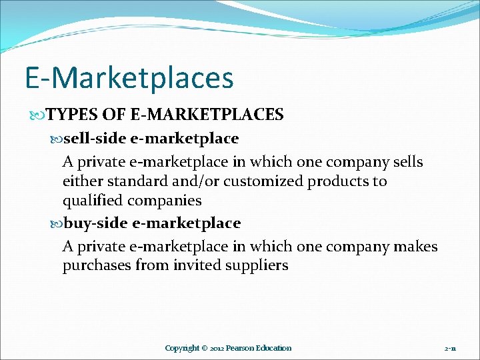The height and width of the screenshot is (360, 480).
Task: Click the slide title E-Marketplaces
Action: point(129,78)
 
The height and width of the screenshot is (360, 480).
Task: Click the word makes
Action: point(415,247)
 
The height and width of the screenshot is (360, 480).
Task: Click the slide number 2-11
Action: point(450,348)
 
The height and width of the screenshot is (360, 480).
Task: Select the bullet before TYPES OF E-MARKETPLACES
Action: point(41,115)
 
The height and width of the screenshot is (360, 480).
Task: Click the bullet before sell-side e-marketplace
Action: point(57,139)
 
